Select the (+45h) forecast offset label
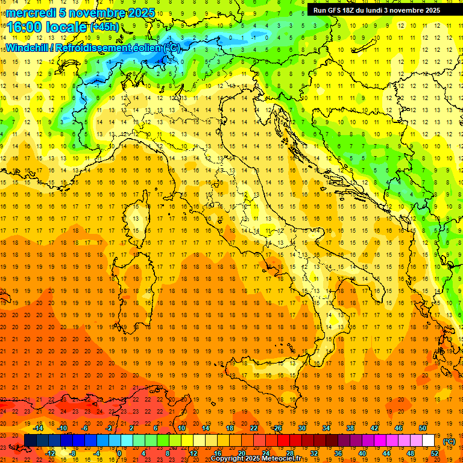(104, 27)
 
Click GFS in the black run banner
(336, 10)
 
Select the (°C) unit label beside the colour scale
(449, 441)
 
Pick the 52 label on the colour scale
(435, 453)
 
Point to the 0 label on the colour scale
(119, 453)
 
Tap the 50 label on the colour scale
(423, 428)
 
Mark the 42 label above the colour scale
(374, 428)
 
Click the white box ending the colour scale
(429, 441)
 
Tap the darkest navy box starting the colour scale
(30, 441)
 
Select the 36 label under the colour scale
(338, 453)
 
